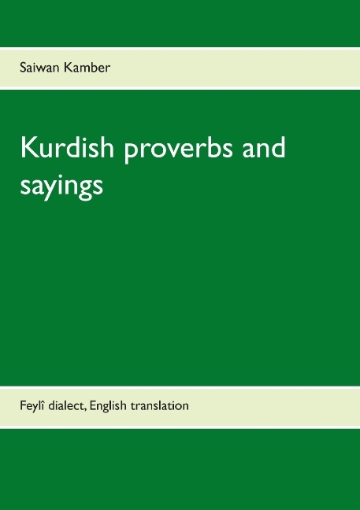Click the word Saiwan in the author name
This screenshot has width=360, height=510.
point(38,68)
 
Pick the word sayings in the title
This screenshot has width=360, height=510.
point(60,187)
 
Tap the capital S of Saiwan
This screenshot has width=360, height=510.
point(24,68)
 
